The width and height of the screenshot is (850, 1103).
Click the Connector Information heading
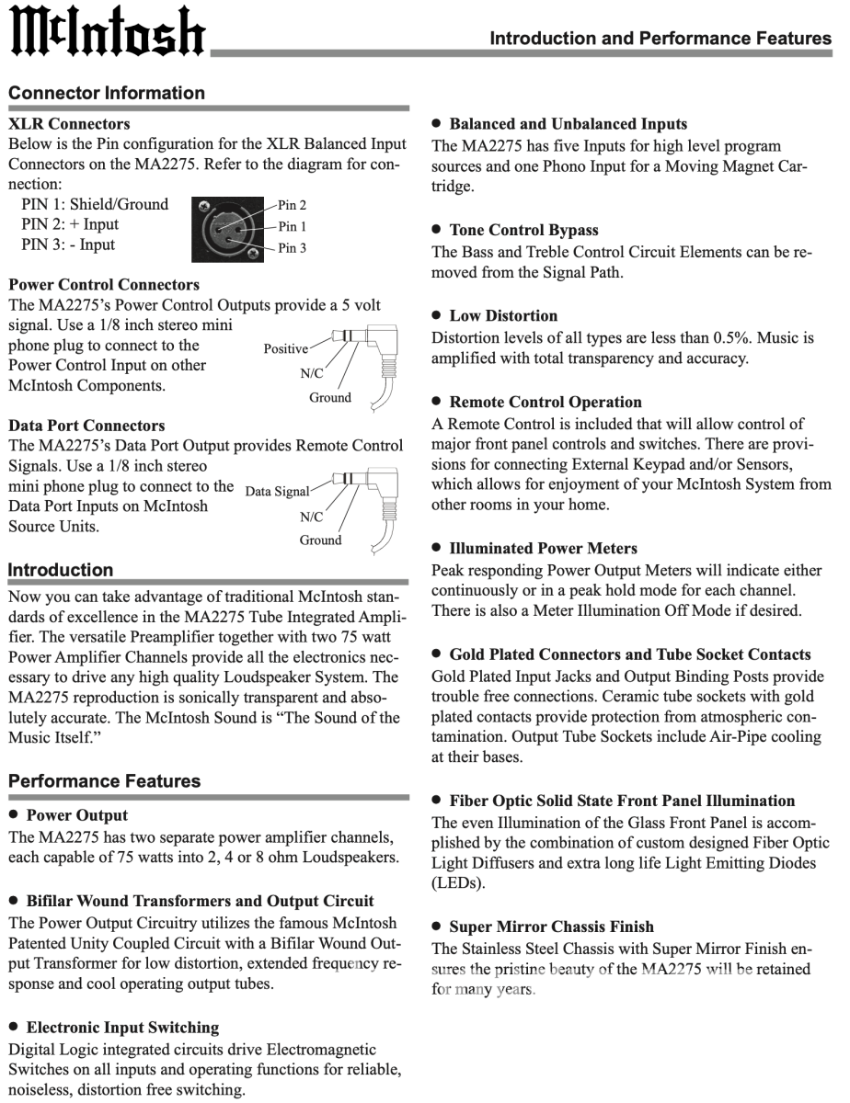(x=107, y=93)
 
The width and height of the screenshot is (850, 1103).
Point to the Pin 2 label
(x=293, y=205)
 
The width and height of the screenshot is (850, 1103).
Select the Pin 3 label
(x=293, y=248)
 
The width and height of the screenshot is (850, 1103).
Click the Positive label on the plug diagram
(x=286, y=349)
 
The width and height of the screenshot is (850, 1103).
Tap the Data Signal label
(x=278, y=492)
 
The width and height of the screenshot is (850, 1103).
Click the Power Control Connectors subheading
(x=103, y=285)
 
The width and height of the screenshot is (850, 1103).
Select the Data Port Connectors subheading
(x=86, y=426)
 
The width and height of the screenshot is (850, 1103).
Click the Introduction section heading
(x=61, y=570)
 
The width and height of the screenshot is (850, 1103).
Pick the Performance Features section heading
(x=104, y=781)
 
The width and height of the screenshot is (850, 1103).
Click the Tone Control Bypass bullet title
(x=523, y=230)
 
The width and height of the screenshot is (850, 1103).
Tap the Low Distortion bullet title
(x=503, y=315)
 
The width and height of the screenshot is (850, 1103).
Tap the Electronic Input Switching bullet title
(x=122, y=1027)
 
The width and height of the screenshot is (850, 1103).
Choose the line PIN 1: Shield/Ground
(x=95, y=204)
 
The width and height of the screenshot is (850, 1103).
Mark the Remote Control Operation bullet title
(x=546, y=402)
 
